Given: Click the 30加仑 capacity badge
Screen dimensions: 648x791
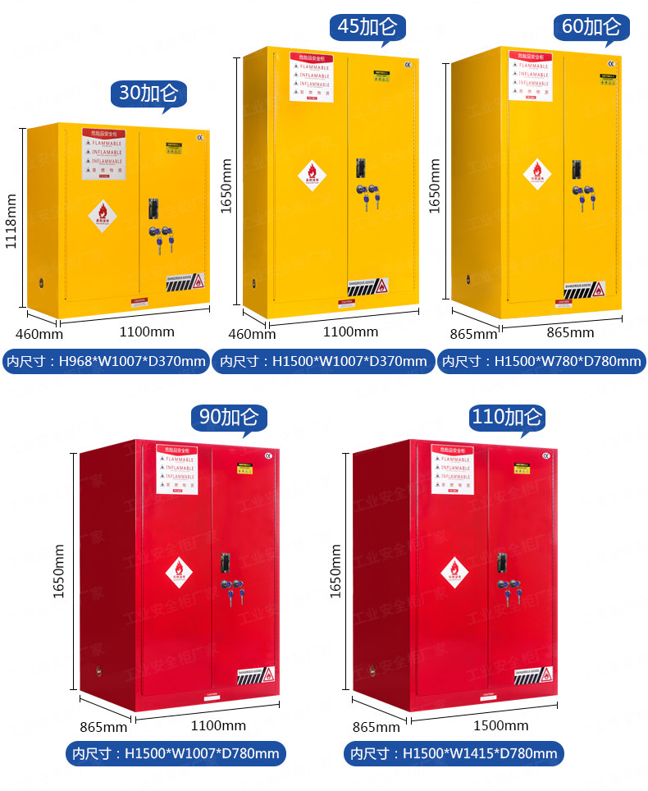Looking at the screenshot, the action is pos(148,94).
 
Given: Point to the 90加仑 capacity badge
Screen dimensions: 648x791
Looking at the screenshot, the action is pos(229,418).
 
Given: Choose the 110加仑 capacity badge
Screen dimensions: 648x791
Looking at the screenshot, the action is pos(508,418).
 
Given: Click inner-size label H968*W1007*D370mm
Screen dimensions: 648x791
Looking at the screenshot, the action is pos(106,361).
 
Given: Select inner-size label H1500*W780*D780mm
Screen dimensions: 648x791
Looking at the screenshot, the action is pos(541,361).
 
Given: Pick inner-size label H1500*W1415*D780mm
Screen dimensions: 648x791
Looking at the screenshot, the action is pos(454,753).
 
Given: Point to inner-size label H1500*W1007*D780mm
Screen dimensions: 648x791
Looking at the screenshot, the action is pos(176,753).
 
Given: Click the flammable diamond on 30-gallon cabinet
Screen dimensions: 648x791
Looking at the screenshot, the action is pos(103,215).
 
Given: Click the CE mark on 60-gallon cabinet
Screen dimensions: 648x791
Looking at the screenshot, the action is pos(612,63).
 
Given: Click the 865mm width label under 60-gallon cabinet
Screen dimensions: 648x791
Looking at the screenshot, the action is pos(570,332).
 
